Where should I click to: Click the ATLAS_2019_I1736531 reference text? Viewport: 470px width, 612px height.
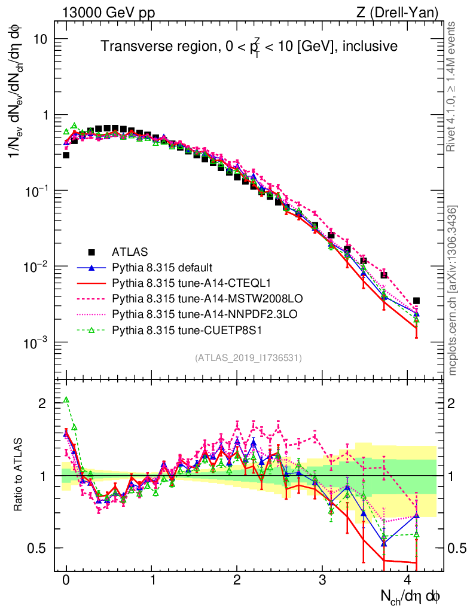[x=248, y=358]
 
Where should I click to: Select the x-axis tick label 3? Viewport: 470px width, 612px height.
[x=323, y=580]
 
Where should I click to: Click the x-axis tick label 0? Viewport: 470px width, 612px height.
[x=66, y=580]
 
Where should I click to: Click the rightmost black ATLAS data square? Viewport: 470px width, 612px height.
[x=416, y=301]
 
